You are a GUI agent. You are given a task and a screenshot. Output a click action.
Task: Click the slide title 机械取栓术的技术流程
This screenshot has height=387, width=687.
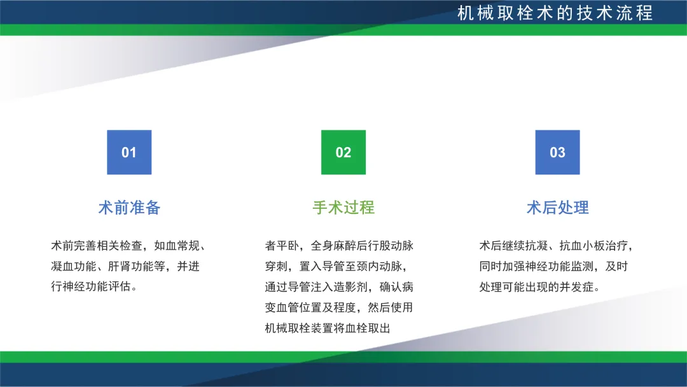(x=555, y=13)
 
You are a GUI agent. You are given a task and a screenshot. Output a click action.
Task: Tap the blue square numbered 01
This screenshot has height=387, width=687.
(x=129, y=152)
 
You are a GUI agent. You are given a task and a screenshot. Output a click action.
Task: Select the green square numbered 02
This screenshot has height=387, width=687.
(x=343, y=152)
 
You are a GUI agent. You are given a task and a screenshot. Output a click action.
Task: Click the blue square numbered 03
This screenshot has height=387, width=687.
(x=557, y=152)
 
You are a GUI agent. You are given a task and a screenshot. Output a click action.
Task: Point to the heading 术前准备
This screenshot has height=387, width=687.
(x=129, y=208)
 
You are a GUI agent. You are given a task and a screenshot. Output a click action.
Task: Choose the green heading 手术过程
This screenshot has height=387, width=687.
(x=343, y=208)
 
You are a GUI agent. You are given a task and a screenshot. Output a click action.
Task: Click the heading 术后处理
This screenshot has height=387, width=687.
(x=557, y=208)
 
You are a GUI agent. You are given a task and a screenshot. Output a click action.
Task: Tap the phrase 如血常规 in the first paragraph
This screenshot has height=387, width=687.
(x=177, y=246)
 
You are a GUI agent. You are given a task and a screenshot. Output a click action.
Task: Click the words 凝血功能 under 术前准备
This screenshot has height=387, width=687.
(x=74, y=266)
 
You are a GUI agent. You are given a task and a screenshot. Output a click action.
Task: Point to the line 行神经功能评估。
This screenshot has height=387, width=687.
(x=94, y=286)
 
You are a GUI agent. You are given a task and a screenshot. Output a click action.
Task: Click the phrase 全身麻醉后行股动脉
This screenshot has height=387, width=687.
(x=363, y=246)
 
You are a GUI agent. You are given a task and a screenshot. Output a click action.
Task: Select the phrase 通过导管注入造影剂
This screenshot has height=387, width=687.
(x=316, y=286)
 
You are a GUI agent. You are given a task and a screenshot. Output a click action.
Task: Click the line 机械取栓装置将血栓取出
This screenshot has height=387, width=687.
(x=328, y=328)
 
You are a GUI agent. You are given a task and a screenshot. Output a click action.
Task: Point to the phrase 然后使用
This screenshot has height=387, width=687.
(x=391, y=307)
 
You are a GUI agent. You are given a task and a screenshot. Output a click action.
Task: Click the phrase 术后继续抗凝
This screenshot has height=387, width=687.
(x=513, y=246)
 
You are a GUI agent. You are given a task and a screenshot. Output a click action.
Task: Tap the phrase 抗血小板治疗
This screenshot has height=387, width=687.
(x=593, y=246)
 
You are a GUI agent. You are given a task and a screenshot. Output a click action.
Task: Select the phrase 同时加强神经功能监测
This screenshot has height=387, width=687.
(x=536, y=266)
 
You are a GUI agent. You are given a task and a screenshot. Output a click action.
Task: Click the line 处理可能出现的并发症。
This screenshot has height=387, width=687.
(x=539, y=286)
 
